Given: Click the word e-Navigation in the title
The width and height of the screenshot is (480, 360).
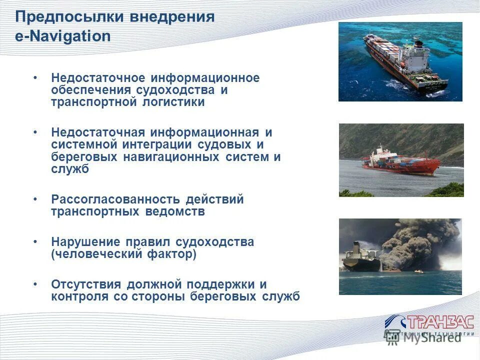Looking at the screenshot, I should pyautogui.click(x=63, y=36).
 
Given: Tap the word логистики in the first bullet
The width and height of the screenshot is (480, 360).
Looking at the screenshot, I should pyautogui.click(x=173, y=102).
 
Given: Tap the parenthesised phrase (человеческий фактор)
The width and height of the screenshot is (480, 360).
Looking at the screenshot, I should pyautogui.click(x=123, y=254).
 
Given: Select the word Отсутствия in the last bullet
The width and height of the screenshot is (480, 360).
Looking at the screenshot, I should pyautogui.click(x=86, y=284).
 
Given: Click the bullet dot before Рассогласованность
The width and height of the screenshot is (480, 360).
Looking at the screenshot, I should pyautogui.click(x=35, y=199).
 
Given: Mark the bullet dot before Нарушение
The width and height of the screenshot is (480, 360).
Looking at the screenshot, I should pyautogui.click(x=35, y=242).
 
